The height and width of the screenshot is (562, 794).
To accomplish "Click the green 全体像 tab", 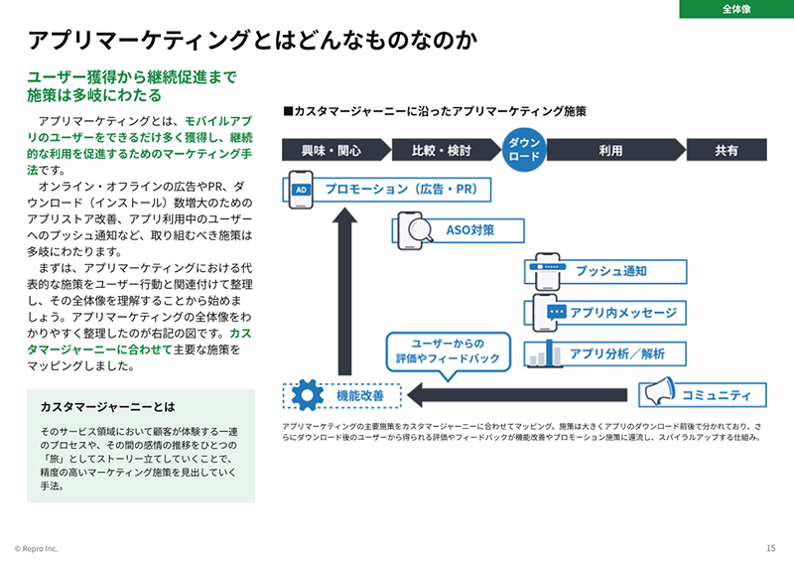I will (x=735, y=9).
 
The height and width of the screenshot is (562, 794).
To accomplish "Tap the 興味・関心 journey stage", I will (x=331, y=151).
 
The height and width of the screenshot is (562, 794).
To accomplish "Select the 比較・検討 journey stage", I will (x=442, y=151).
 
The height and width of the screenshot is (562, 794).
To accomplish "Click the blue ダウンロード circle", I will (x=524, y=150).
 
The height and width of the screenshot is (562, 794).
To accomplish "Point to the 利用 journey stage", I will (x=610, y=151).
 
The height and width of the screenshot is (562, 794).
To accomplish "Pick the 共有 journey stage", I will (x=727, y=151).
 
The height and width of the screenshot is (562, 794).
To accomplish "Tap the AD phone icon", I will (x=302, y=189).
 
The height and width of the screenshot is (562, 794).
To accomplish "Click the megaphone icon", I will (x=657, y=394).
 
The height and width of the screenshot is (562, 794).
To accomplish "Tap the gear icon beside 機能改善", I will (x=307, y=394).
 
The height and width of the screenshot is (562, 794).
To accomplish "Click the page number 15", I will (x=771, y=548).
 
